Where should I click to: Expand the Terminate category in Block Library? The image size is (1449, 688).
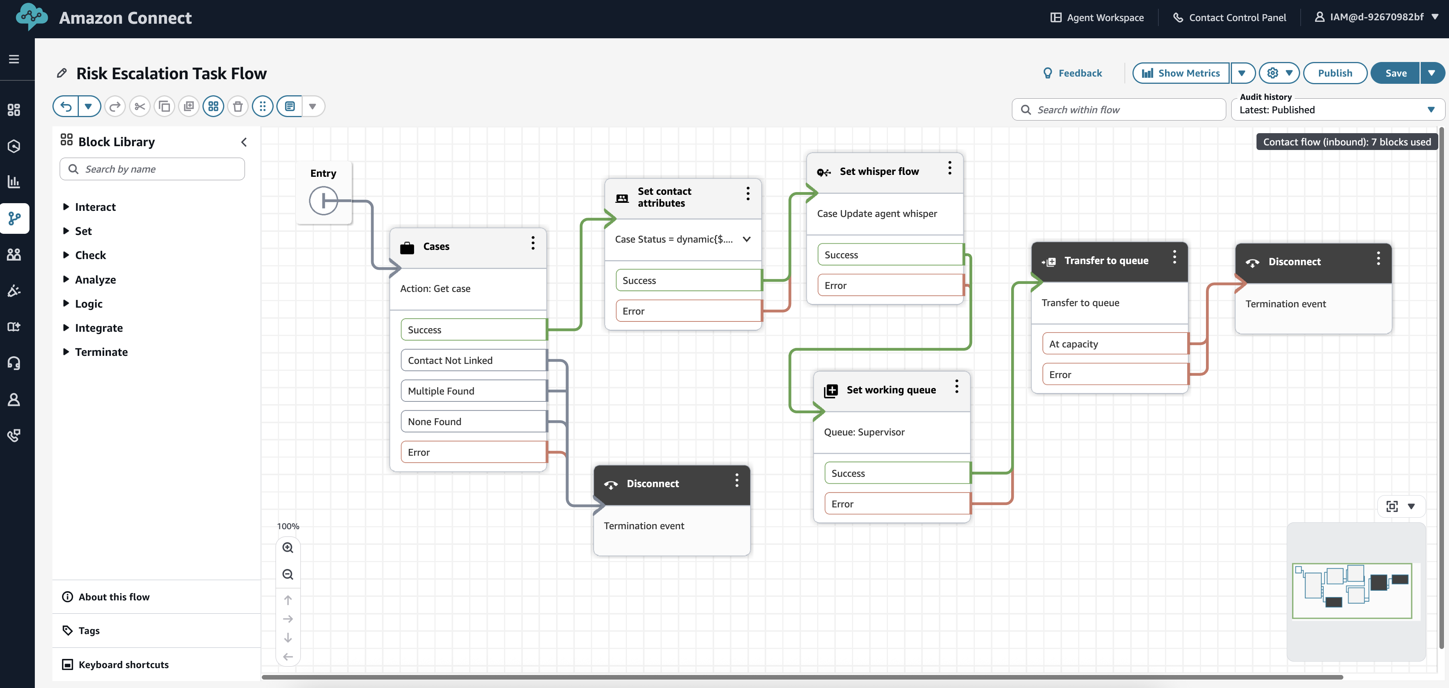[x=101, y=352]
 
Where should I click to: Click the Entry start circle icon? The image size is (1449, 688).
[x=323, y=201]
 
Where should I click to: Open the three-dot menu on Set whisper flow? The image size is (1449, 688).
[x=950, y=168]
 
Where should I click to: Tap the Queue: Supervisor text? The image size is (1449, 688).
[x=864, y=432]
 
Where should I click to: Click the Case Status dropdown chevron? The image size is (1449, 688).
[x=746, y=239]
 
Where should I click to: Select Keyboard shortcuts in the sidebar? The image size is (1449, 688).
[x=123, y=664]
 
